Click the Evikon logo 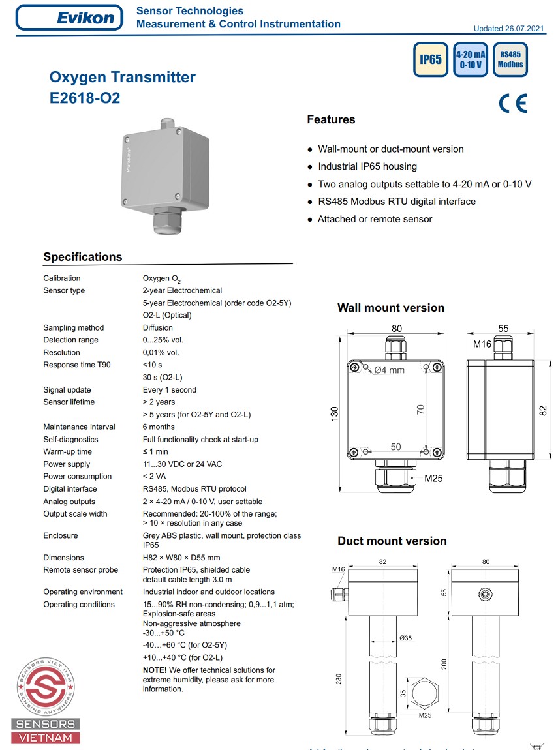point(69,18)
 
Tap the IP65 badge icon point(431,59)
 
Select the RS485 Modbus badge point(510,59)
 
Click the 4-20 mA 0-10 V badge point(471,59)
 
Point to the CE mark point(512,104)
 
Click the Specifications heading point(83,257)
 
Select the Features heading point(331,119)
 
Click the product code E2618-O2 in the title point(85,99)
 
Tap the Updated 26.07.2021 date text point(508,29)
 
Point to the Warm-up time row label point(67,451)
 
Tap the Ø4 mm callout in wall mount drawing point(390,370)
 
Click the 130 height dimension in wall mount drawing point(335,413)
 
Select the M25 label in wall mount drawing point(433,478)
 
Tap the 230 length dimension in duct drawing point(339,678)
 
